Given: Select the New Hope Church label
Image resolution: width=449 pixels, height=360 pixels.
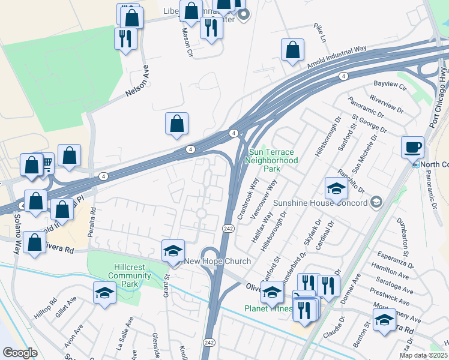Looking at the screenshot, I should pos(208,261).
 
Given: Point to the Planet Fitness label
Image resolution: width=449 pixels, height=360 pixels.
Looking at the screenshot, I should pos(268,309).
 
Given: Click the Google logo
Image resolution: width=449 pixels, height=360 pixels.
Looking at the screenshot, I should pos(20,353).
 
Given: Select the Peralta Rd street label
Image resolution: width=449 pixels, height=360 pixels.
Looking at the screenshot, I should pos(93,222).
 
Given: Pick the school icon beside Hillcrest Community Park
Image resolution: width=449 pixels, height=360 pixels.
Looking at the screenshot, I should pos(105,294).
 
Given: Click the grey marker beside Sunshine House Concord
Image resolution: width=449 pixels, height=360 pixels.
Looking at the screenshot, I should pos(376,202).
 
